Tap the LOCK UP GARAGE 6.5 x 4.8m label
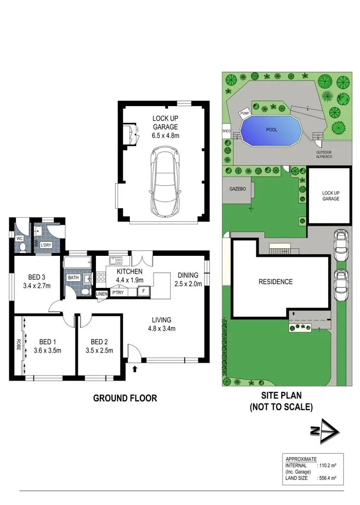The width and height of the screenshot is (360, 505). coord(165,127)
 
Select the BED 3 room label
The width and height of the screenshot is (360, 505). coord(36,277)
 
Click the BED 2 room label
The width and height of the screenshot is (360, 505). coord(99,342)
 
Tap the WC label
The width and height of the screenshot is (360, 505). coord(20,238)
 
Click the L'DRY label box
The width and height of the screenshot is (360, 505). coord(46,245)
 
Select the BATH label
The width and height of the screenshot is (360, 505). coord(73,277)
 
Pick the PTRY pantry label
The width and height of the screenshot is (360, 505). coord(117,292)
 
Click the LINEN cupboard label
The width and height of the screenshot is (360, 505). coord(102,294)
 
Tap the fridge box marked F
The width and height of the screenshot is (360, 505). coord(143,291)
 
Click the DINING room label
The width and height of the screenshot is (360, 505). coord(188,275)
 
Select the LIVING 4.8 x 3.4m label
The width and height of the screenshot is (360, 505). coord(161,325)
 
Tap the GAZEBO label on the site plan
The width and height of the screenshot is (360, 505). coord(237,189)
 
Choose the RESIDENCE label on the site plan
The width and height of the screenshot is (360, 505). coord(276,282)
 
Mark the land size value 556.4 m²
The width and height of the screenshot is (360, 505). coord(331,478)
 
